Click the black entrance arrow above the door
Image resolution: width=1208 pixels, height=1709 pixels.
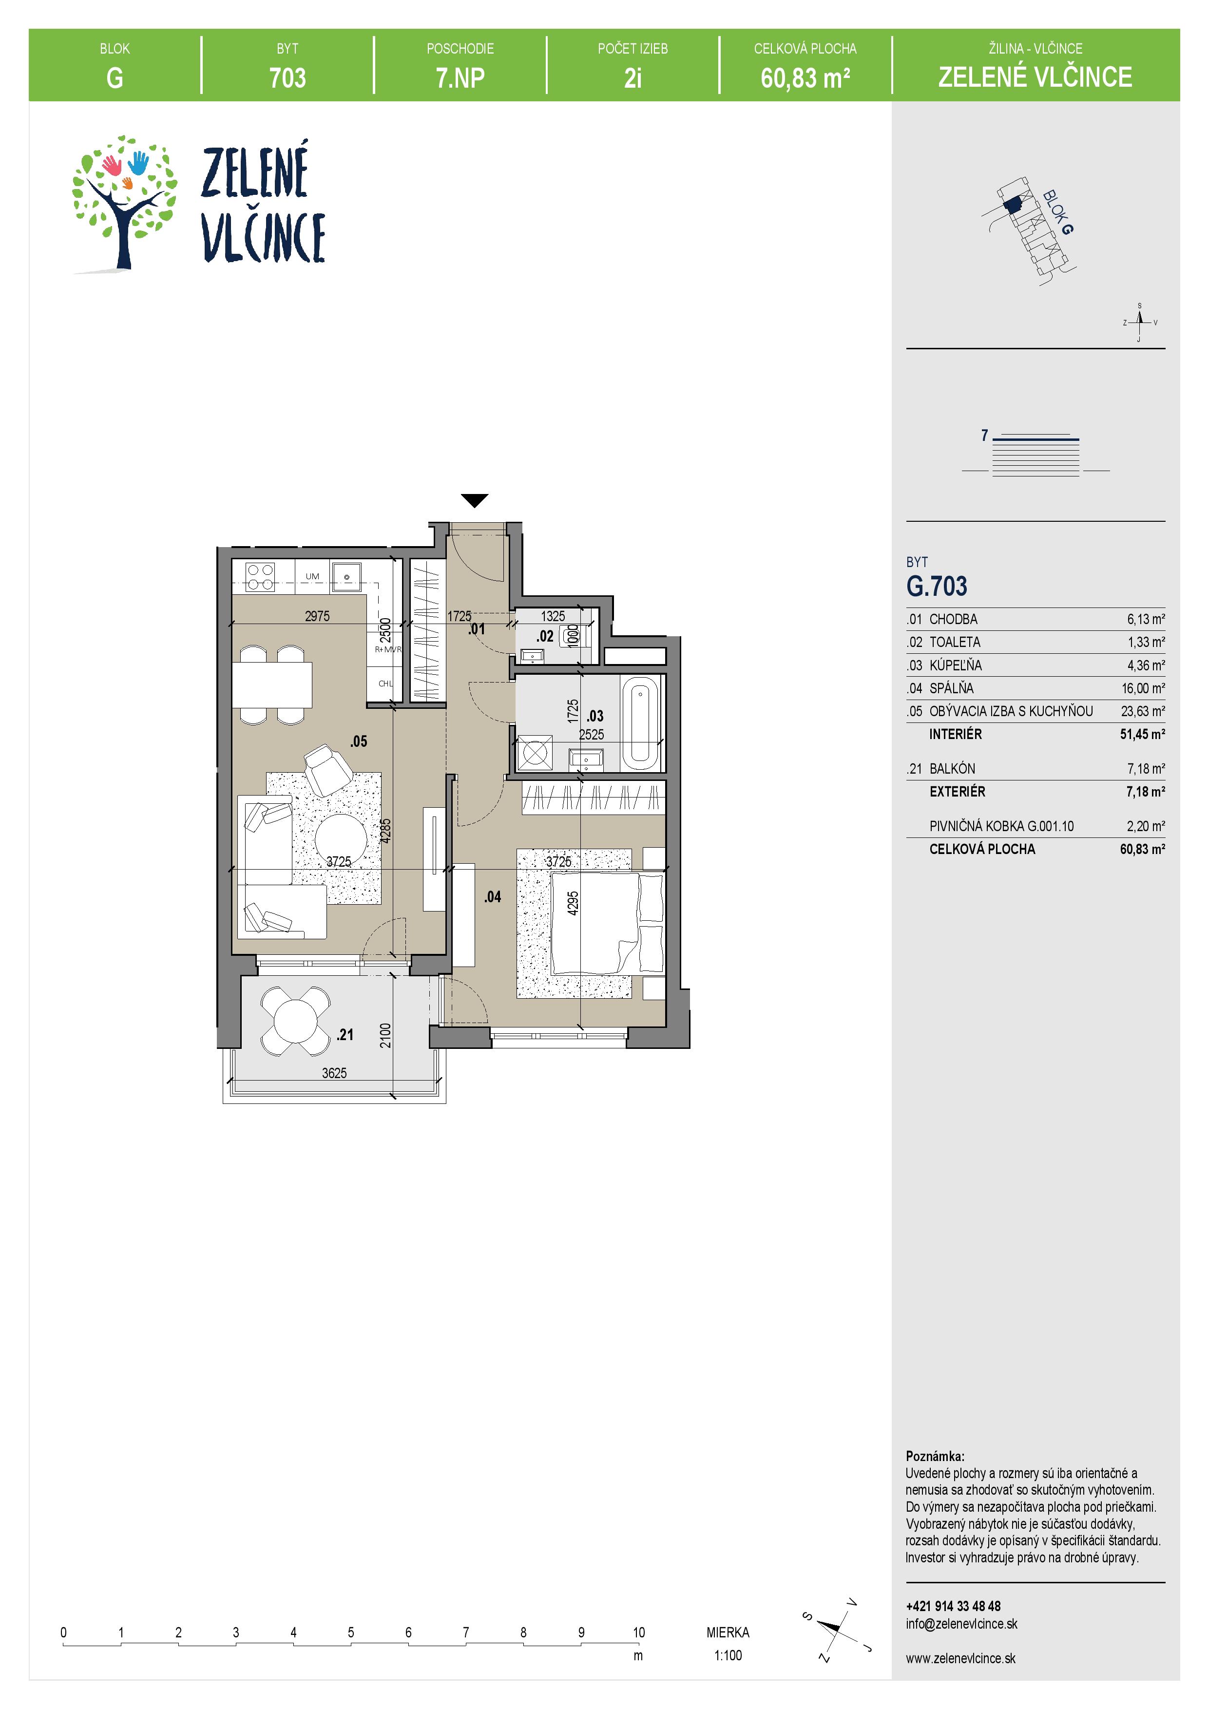tap(474, 500)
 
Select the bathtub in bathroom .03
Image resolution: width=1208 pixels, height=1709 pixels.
tap(640, 723)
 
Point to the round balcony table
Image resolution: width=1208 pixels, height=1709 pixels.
tap(295, 1021)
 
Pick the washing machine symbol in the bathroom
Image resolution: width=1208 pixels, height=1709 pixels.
tap(535, 753)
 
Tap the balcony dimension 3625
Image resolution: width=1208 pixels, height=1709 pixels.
tap(334, 1073)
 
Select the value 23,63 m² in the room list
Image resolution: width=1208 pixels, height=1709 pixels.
tap(1143, 711)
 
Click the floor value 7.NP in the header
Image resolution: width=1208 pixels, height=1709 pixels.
tap(460, 77)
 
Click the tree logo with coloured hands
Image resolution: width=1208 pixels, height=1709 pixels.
tap(124, 203)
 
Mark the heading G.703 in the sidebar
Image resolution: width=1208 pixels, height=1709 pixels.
tap(936, 587)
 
